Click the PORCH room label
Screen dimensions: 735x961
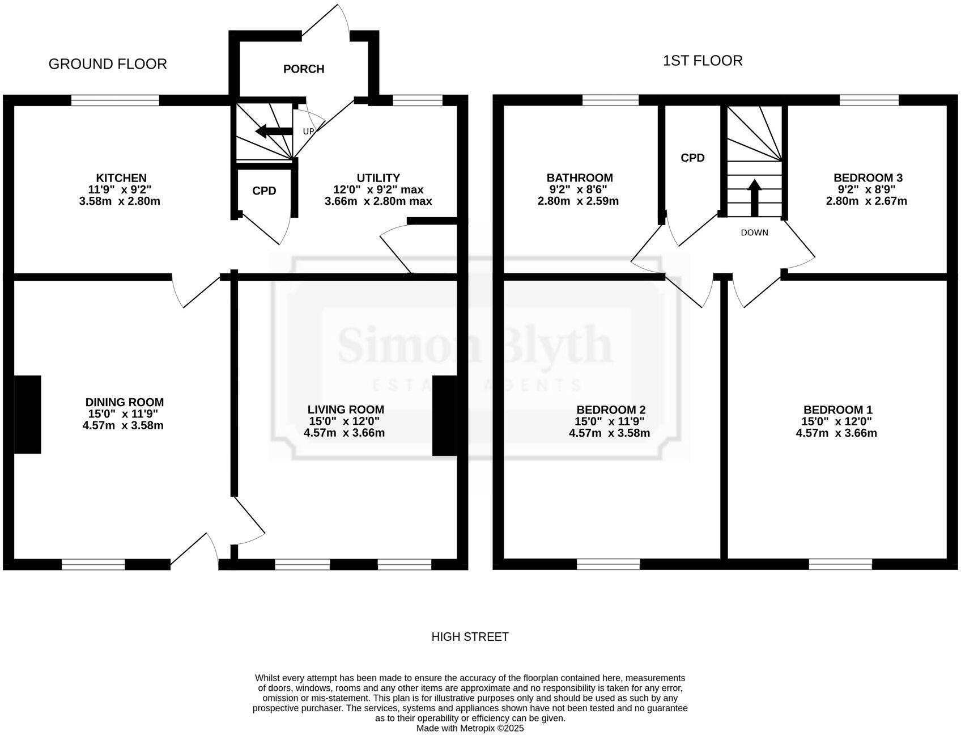coord(304,69)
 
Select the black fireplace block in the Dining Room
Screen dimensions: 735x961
coord(27,415)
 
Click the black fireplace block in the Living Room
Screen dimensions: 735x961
coord(444,416)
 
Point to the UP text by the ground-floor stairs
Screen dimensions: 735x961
coord(308,132)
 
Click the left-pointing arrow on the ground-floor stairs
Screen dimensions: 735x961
coord(273,132)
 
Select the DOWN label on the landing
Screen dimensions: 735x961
coord(754,233)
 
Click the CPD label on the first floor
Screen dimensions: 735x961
coord(692,158)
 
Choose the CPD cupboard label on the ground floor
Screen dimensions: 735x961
coord(264,191)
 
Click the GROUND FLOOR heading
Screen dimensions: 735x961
coord(108,64)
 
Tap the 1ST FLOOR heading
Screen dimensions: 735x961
coord(703,61)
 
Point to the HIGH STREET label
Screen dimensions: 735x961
coord(470,637)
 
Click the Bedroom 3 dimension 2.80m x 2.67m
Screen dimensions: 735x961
coord(866,201)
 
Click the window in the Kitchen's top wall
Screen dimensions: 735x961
coord(115,100)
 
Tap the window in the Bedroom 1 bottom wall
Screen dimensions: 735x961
coord(840,564)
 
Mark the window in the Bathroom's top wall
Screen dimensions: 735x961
coord(610,100)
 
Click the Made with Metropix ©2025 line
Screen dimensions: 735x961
coord(470,728)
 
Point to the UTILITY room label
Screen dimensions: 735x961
coord(378,178)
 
